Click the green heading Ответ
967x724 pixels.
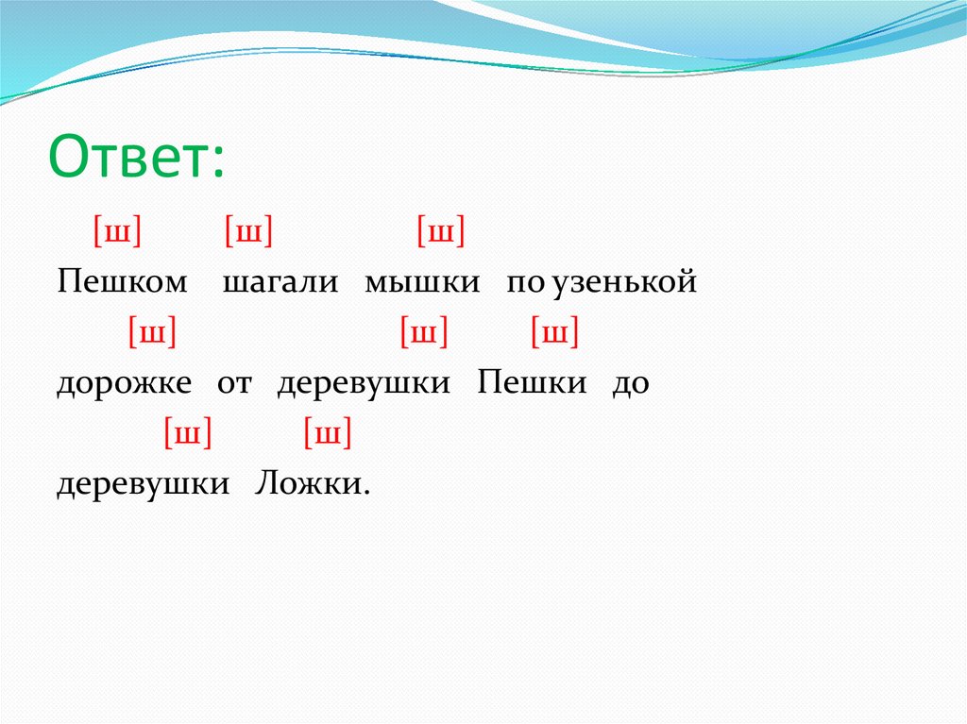coord(136,155)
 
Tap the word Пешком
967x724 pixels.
coord(122,281)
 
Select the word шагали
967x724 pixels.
coord(280,282)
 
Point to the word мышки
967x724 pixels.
coord(422,282)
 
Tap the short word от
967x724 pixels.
coord(234,383)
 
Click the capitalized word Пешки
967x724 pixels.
coord(532,382)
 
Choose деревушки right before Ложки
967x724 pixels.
coord(144,484)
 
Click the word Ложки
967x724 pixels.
coord(313,483)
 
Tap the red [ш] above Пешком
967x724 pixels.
coord(117,230)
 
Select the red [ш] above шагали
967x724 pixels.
coord(248,230)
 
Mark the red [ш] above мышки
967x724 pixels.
coord(441,230)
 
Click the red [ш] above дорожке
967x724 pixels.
coord(152,331)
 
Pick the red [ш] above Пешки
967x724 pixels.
coord(555,331)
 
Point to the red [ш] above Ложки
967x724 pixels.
coord(328,433)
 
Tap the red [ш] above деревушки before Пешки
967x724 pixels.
coord(424,331)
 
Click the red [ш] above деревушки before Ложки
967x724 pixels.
coord(188,433)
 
